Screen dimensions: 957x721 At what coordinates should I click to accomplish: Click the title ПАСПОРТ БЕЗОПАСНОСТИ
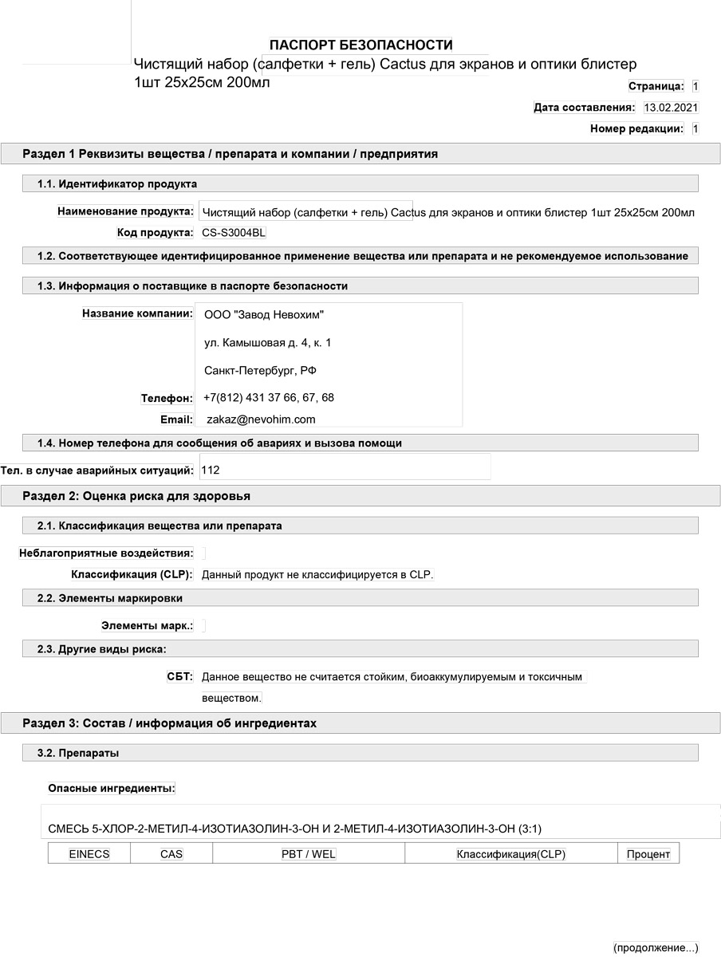coord(360,45)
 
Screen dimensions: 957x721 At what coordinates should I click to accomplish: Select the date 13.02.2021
coord(671,107)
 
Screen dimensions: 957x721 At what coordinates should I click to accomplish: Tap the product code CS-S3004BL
coord(234,233)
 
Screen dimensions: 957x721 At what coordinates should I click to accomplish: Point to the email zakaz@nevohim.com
coord(261,419)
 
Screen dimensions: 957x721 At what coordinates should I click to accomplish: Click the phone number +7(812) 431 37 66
coord(247,397)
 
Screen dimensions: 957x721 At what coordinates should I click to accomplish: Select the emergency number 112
coord(211,471)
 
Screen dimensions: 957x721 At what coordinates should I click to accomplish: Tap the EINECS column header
coord(89,854)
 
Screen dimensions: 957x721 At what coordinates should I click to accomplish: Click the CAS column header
coord(171,854)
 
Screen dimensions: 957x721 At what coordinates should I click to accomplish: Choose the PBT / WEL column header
coord(309,854)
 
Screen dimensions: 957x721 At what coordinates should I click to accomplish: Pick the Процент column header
coord(648,854)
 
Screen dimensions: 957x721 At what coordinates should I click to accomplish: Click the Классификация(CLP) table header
coord(510,854)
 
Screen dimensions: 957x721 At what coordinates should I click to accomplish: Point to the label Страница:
coord(656,85)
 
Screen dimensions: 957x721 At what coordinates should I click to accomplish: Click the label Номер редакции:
coord(636,128)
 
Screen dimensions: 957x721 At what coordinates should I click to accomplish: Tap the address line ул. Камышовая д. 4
coord(267,343)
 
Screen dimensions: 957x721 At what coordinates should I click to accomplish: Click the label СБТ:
coord(179,676)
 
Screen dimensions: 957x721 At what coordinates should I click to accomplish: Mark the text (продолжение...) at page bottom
coord(656,947)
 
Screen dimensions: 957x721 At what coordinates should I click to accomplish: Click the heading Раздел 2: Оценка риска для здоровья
coord(136,496)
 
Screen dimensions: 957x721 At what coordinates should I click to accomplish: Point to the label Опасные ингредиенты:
coord(112,788)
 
